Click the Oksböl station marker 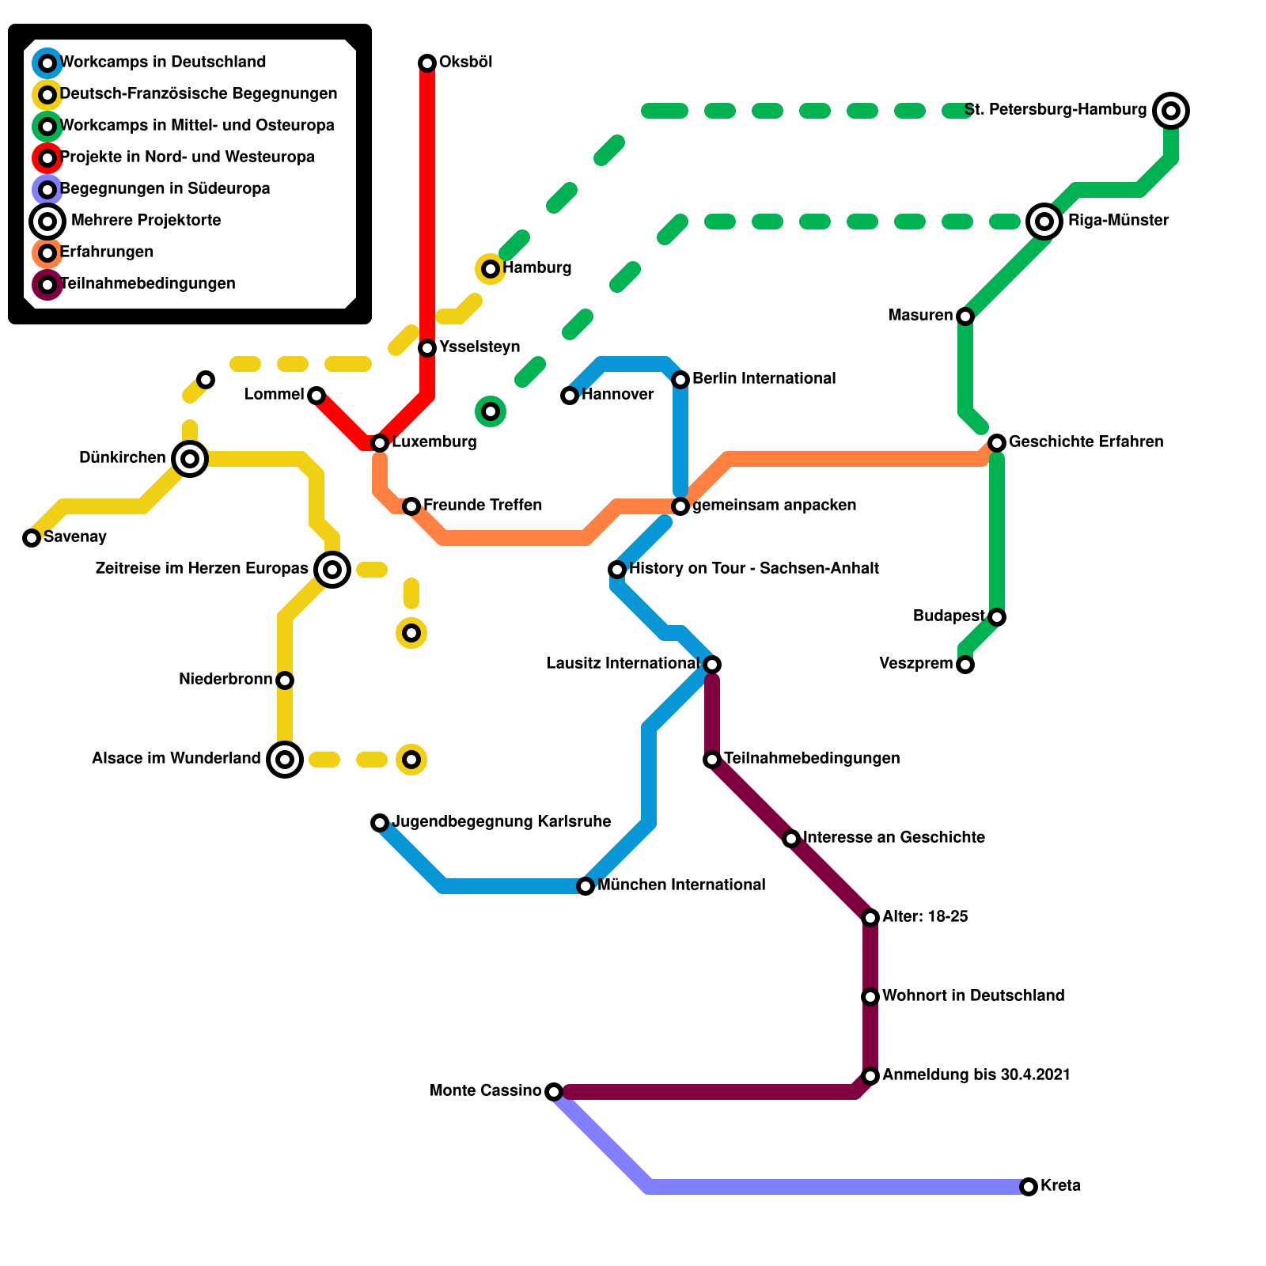tap(427, 63)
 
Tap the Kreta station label tap(1060, 1186)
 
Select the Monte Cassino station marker tap(554, 1092)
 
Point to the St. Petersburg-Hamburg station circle tap(1171, 111)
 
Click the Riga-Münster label tap(1118, 221)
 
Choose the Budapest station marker tap(997, 617)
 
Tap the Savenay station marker tap(32, 538)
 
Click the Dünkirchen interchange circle tap(190, 459)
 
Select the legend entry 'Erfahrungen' tap(107, 252)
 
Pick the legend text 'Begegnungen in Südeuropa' tap(165, 189)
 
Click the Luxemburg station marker tap(380, 443)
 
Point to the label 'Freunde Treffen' tap(483, 506)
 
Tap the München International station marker tap(586, 886)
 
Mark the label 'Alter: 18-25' tap(925, 917)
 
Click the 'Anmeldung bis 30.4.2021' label tap(976, 1075)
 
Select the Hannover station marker tap(570, 396)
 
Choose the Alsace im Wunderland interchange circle tap(285, 760)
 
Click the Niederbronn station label tap(226, 680)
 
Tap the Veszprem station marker tap(965, 665)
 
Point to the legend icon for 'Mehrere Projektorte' tap(47, 222)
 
